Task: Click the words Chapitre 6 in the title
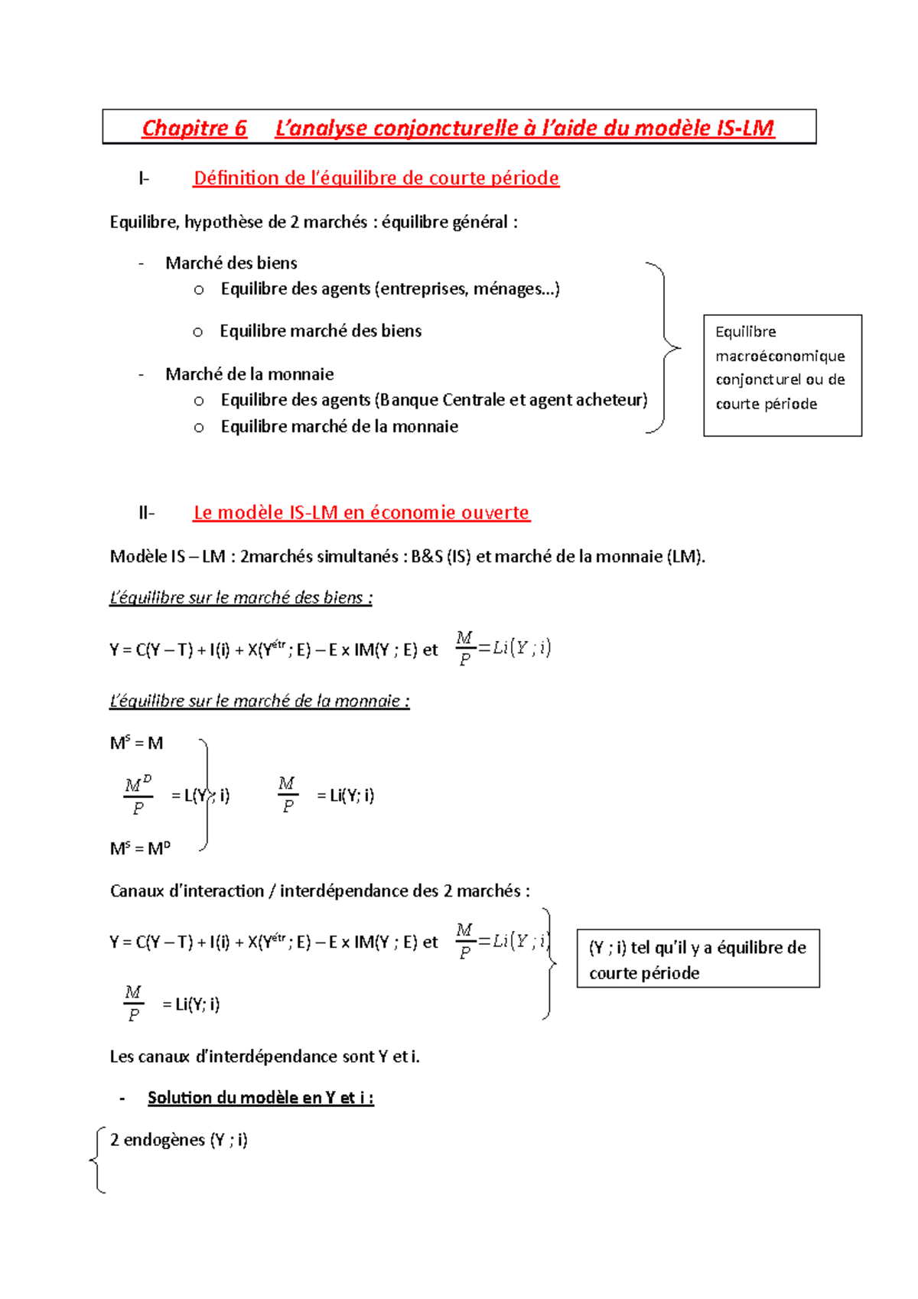coord(194,128)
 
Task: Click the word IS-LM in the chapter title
coord(745,128)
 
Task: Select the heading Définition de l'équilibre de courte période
coord(376,178)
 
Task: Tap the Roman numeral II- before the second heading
coord(146,513)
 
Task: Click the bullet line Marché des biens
coord(231,263)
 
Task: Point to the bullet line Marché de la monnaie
coord(249,374)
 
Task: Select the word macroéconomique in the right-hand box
coord(780,356)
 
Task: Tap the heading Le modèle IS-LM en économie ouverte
coord(361,513)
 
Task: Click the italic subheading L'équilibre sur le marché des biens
coord(240,597)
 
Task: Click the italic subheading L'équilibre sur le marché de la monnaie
coord(259,701)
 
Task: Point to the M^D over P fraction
coord(138,796)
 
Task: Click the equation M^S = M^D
coord(140,848)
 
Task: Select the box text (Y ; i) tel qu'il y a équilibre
coord(697,948)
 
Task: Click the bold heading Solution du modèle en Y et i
coord(260,1098)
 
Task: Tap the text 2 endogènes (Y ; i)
coord(178,1140)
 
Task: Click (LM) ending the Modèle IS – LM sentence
coord(685,557)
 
